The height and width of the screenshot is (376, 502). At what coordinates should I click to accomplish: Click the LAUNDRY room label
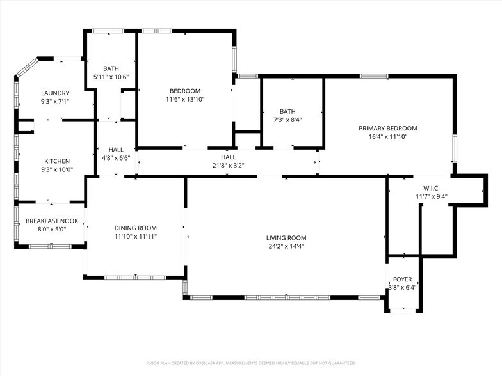55,93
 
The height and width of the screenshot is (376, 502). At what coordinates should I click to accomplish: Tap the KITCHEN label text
57,161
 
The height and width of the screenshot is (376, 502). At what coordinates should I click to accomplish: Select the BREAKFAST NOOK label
52,221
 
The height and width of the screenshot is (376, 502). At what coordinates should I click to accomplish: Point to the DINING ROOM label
136,228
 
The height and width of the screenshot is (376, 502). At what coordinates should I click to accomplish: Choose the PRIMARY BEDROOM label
388,128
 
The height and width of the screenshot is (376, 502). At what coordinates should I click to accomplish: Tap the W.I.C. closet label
425,188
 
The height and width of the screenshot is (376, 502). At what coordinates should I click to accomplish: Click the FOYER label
403,279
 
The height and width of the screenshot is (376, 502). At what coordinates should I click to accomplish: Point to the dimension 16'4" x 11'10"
388,136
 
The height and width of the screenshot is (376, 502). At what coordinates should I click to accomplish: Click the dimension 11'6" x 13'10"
185,99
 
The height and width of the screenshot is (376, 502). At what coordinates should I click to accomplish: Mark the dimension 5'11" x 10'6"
111,77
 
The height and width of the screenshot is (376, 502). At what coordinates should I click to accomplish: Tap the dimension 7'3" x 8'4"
287,120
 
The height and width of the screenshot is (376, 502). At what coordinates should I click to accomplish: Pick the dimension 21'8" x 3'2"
229,165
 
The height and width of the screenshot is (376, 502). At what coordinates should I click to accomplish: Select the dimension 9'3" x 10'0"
57,169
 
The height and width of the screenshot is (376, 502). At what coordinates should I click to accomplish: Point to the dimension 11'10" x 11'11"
136,236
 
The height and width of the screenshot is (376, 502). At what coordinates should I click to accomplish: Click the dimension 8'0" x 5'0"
52,229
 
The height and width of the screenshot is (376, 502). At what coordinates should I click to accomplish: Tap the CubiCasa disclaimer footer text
251,363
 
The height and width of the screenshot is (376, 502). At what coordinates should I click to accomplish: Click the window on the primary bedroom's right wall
453,148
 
